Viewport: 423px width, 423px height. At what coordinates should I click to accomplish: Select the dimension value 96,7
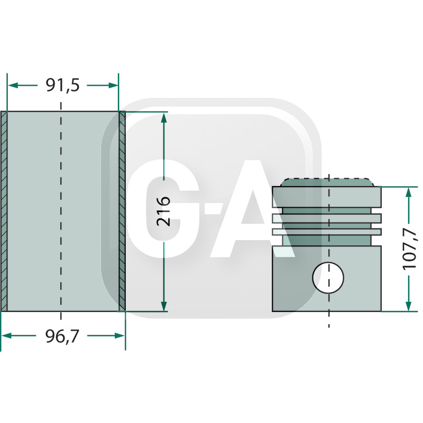pyautogui.click(x=62, y=336)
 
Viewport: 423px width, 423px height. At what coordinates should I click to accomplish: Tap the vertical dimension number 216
pyautogui.click(x=164, y=212)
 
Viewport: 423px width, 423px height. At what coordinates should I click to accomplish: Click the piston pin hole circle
pyautogui.click(x=328, y=277)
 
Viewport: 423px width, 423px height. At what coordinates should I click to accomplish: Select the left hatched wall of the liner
pyautogui.click(x=4, y=212)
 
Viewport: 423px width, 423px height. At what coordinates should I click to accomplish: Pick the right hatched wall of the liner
pyautogui.click(x=122, y=212)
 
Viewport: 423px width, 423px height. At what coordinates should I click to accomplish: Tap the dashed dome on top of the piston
pyautogui.click(x=328, y=182)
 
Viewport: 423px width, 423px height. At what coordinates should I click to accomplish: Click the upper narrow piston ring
pyautogui.click(x=326, y=218)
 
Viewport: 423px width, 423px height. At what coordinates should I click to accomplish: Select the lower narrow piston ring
pyautogui.click(x=326, y=232)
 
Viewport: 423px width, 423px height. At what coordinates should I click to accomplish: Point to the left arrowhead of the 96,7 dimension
pyautogui.click(x=6, y=335)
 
